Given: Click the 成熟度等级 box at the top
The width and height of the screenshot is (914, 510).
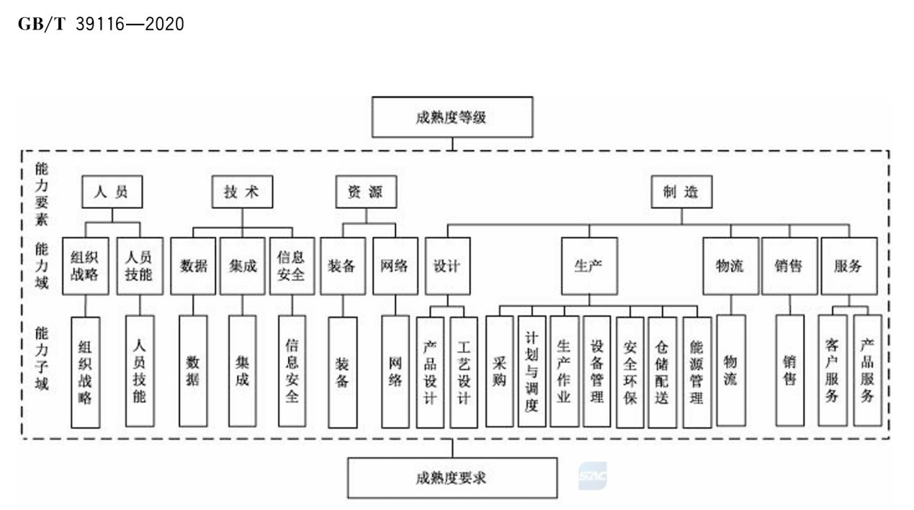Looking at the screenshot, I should point(452,117).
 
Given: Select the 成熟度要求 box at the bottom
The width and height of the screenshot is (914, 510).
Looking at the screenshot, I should point(452,478).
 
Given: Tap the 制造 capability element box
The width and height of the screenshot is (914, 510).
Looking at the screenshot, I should point(681,193).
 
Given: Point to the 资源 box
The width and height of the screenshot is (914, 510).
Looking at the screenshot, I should point(365,193).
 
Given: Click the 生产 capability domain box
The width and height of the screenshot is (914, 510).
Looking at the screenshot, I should point(588,266).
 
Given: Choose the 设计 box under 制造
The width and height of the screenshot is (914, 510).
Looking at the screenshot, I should point(447,266).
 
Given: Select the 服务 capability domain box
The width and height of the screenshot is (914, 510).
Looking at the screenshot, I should point(848,266).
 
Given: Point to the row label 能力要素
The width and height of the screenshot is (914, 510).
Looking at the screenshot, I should point(42,193).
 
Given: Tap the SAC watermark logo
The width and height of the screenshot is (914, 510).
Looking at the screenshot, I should point(592,476).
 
